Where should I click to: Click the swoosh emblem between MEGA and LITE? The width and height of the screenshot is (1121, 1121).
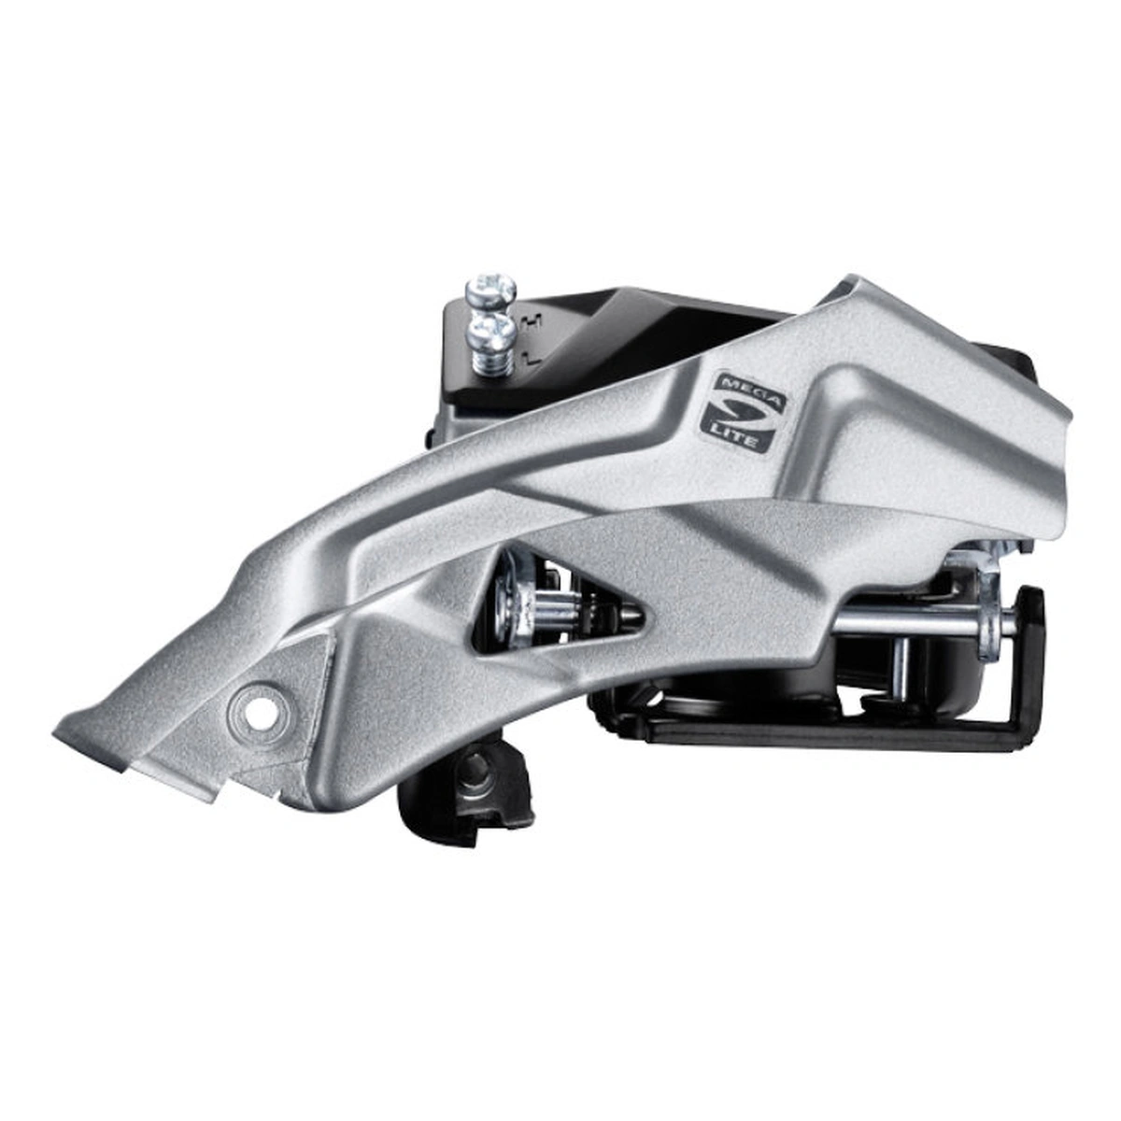click(x=739, y=414)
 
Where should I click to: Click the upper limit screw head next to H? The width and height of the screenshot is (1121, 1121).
click(x=490, y=289)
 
